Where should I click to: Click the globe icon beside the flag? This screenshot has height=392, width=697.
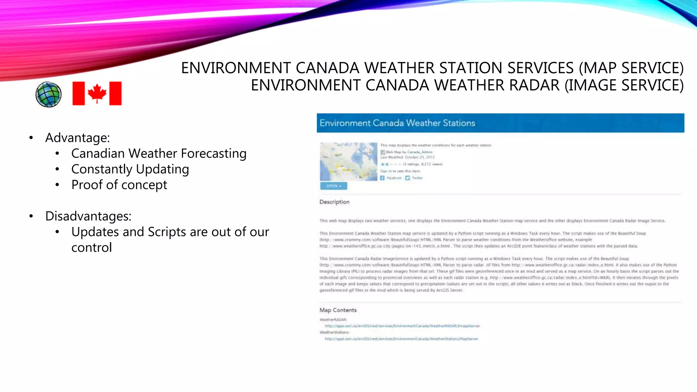pos(48,94)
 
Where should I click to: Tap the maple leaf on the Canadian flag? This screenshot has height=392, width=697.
pos(97,93)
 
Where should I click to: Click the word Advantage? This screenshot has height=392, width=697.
pos(77,138)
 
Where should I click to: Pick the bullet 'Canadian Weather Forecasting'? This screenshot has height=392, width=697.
pos(159,153)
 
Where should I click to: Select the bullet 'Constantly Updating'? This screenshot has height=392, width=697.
pos(130,169)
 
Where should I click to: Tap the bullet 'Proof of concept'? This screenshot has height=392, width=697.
pos(119,185)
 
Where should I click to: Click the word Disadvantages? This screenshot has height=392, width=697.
pos(88,216)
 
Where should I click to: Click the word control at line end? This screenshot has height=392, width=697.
pos(92,247)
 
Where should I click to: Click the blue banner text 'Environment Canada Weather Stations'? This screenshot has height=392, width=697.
pos(397,123)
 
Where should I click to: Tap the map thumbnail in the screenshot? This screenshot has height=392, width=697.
pos(348,162)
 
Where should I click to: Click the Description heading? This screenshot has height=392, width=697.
pos(334,202)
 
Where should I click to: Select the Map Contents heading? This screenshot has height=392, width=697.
pos(338,310)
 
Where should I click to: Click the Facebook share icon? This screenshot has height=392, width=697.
pos(382,178)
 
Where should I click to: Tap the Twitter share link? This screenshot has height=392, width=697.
pos(417,178)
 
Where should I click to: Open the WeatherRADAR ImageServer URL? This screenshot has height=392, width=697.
pos(402,326)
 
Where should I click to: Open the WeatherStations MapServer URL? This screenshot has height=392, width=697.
pos(401,339)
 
